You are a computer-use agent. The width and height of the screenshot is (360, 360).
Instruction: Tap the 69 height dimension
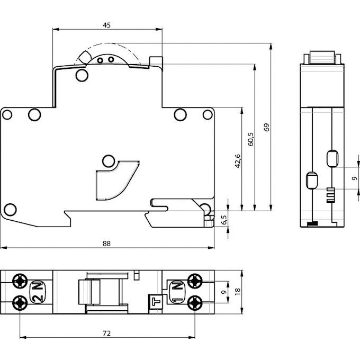pos(267,127)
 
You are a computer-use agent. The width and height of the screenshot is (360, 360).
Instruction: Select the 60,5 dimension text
pos(251,138)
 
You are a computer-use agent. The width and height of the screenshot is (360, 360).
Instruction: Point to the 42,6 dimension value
pos(238,160)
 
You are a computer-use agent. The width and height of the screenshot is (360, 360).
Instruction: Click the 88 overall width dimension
pos(107,243)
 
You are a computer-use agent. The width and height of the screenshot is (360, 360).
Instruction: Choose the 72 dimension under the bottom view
pos(107,333)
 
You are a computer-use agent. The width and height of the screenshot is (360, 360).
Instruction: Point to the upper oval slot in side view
pos(332,158)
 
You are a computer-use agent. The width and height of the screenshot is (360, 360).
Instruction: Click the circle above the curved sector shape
pos(109,160)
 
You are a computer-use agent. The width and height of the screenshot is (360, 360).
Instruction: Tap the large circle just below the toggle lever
pos(81,76)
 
